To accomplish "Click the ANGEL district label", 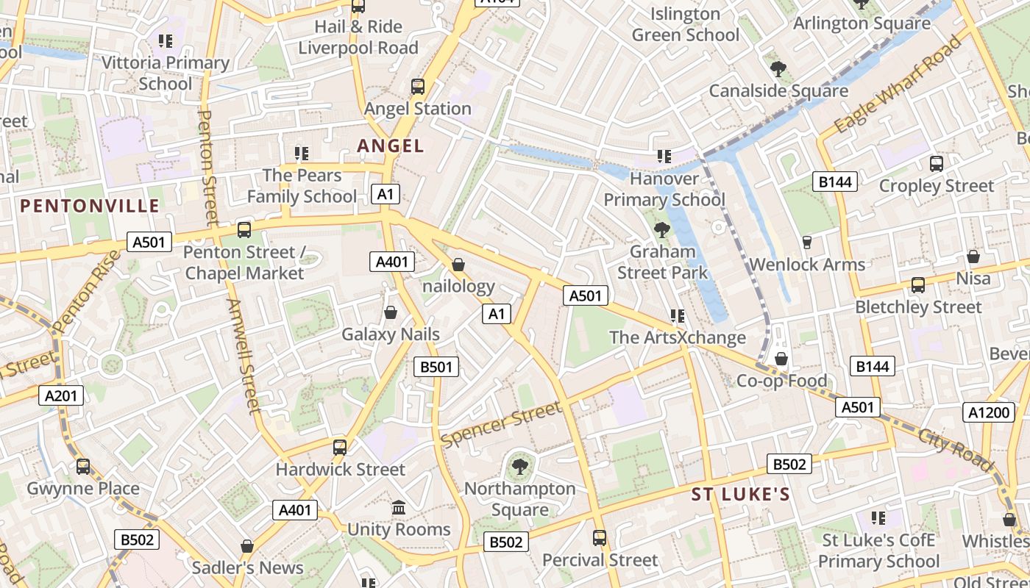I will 391,146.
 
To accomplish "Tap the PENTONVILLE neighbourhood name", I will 90,206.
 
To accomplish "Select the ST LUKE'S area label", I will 740,495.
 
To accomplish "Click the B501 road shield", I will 436,367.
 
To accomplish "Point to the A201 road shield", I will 60,396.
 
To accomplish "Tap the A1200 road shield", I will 988,412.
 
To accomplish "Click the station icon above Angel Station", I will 417,87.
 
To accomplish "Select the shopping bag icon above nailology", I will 458,265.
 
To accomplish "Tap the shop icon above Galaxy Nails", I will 391,313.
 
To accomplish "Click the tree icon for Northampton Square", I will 519,466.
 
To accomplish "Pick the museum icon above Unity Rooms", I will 399,508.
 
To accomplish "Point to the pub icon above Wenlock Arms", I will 806,243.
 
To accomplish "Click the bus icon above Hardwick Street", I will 340,447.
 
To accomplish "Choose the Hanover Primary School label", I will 664,189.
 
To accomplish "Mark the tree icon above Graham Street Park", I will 662,229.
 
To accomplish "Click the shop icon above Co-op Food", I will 781,359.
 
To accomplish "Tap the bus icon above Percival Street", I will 600,538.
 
